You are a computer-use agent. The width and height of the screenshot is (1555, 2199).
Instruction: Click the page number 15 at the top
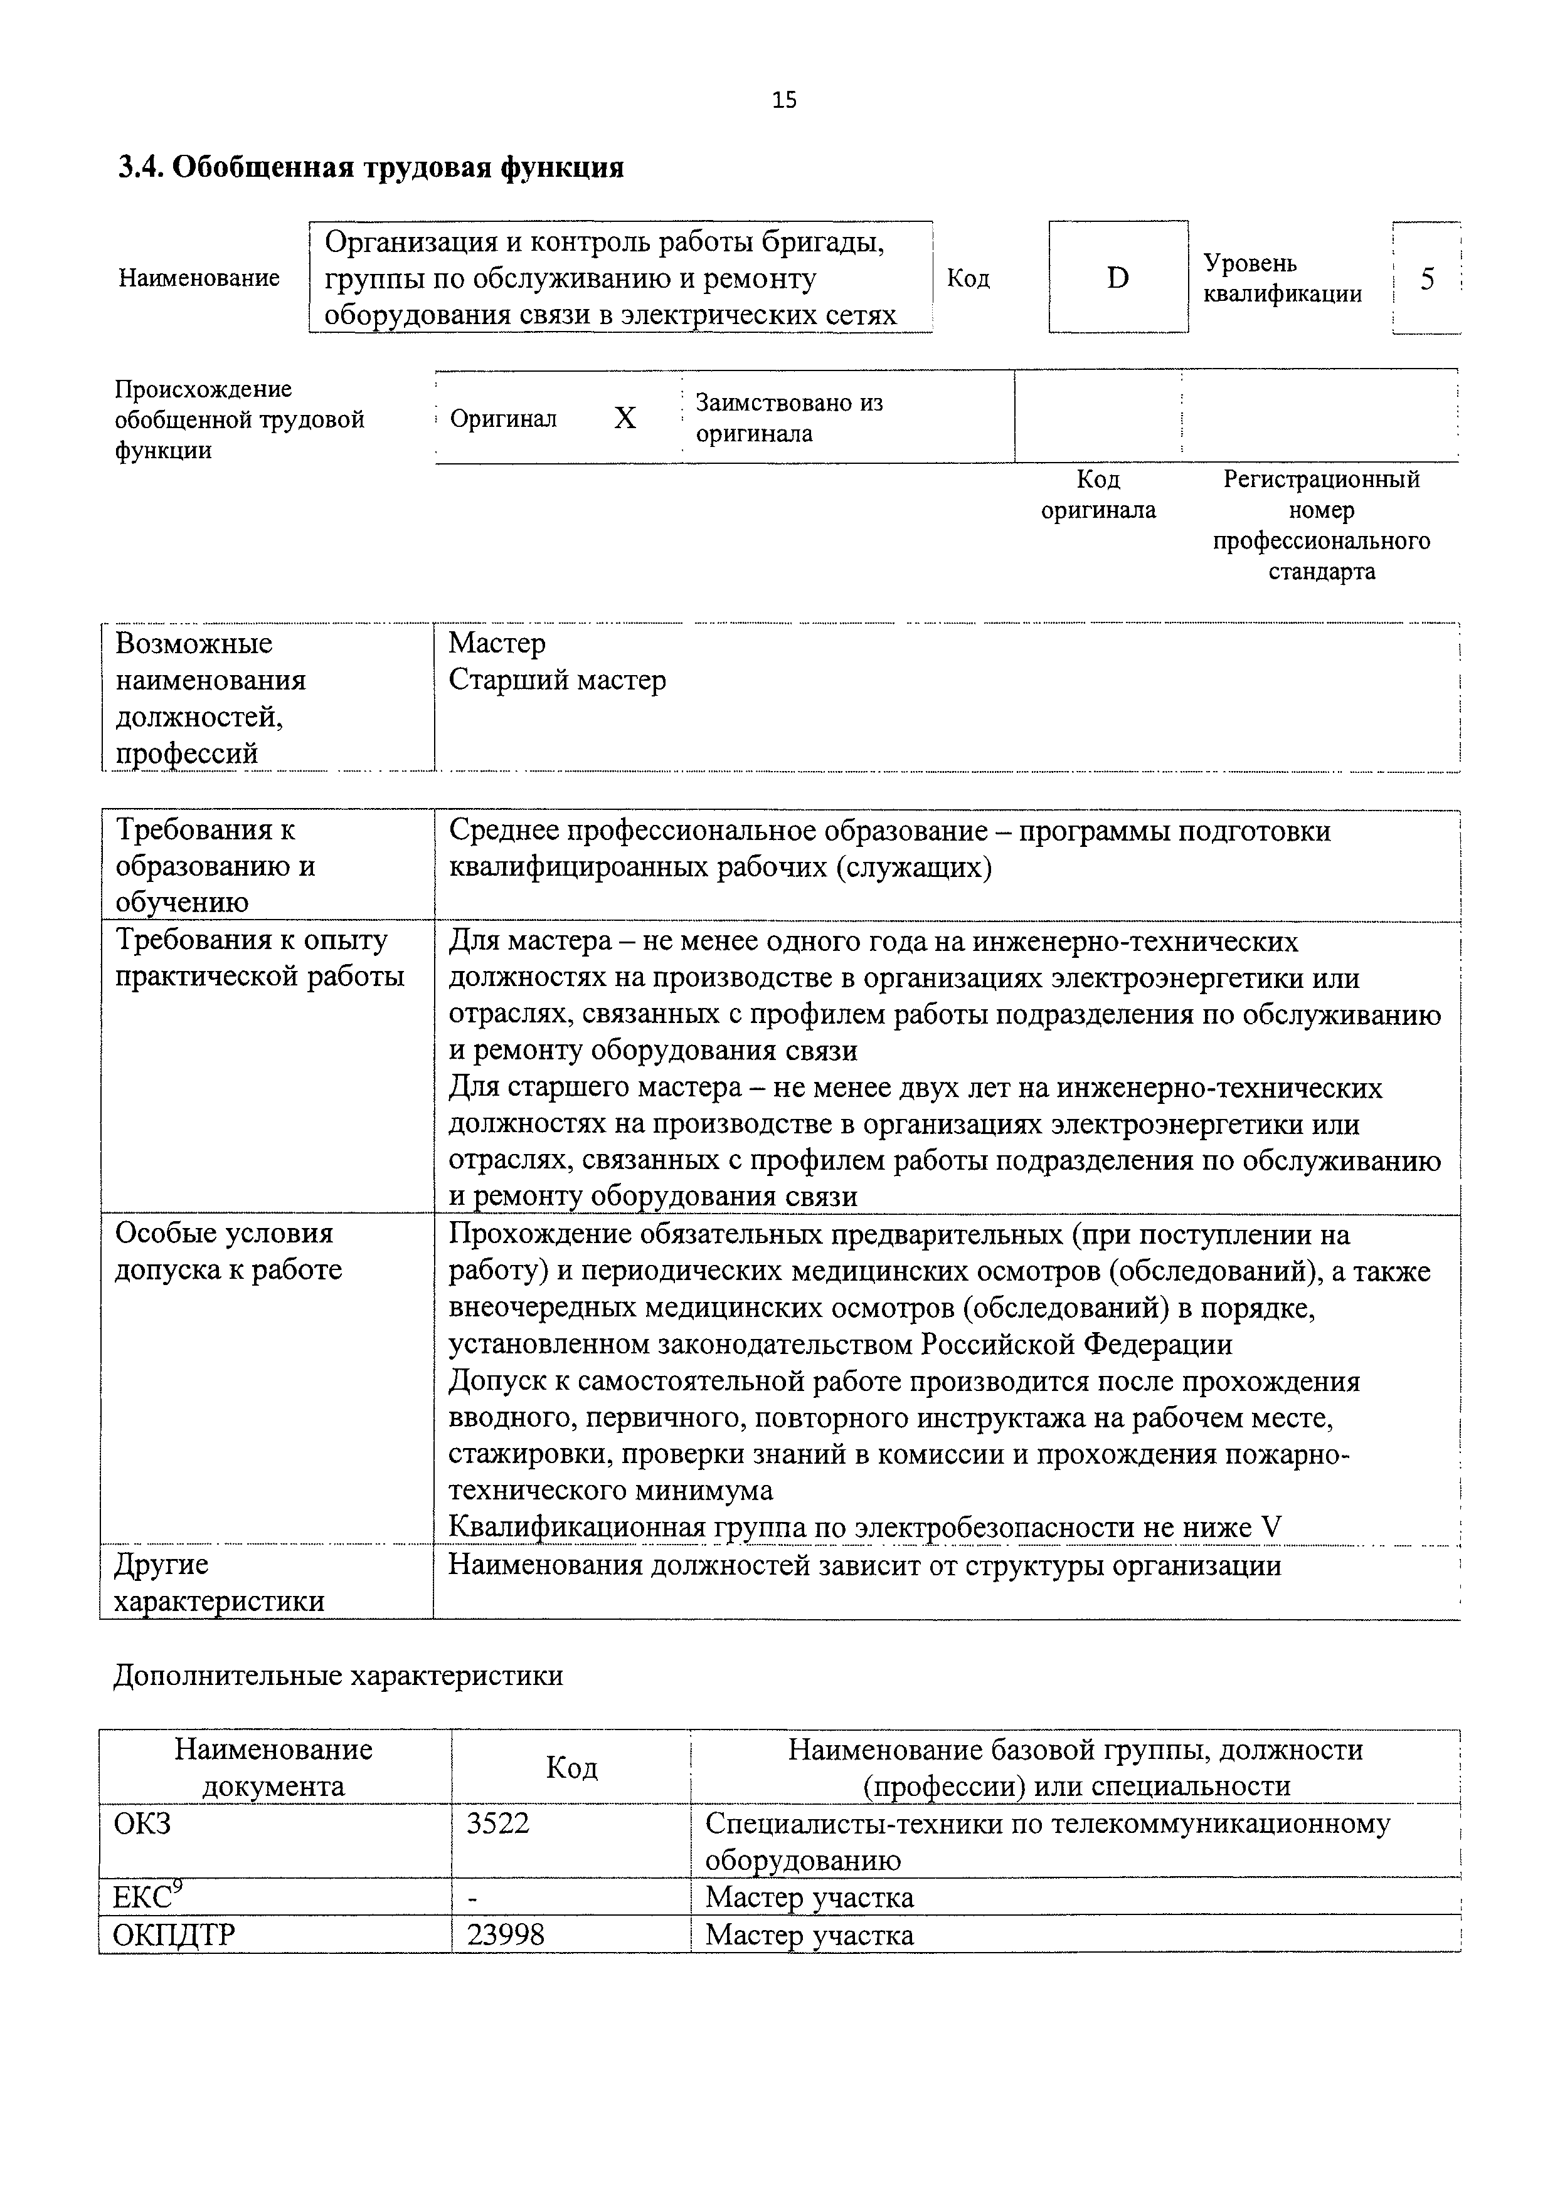(x=783, y=100)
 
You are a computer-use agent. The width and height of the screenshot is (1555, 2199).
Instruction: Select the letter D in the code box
(x=1117, y=278)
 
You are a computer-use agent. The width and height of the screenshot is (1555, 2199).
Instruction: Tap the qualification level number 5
(x=1426, y=279)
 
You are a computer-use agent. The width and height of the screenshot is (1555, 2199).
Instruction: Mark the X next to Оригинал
(x=625, y=417)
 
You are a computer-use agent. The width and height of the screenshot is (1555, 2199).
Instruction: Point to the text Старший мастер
(x=556, y=680)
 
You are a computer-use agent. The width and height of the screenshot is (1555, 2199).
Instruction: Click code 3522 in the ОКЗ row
(x=497, y=1823)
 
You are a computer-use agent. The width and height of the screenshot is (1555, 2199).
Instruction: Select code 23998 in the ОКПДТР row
(x=505, y=1934)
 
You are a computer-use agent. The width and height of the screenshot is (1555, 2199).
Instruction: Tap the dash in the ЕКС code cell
(x=471, y=1898)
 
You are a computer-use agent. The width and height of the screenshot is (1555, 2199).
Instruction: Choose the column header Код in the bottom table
(x=571, y=1767)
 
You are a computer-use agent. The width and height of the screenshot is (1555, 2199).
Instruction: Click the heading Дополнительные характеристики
(x=337, y=1675)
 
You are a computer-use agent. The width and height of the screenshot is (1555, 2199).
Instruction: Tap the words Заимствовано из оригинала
(x=788, y=417)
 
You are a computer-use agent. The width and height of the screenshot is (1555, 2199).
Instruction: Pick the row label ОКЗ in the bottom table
(x=142, y=1823)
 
